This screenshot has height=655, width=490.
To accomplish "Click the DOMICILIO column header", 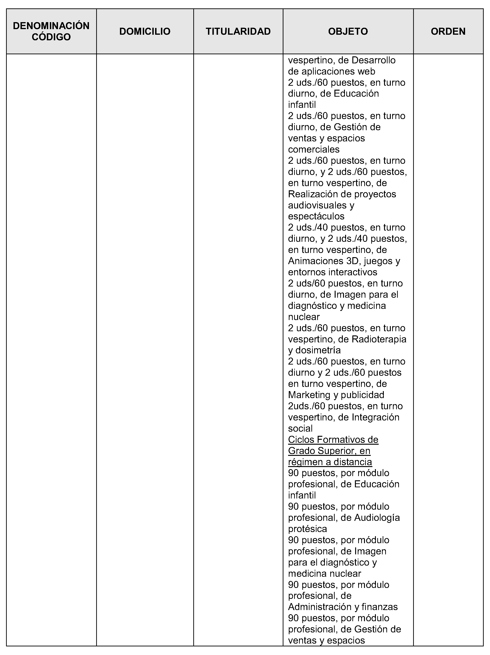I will [145, 31].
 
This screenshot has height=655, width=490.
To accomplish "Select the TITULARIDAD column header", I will [238, 31].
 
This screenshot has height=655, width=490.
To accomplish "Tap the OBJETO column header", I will [348, 31].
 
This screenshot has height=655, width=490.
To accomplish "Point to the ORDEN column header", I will [448, 31].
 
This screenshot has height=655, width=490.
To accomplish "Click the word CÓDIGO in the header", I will [51, 37].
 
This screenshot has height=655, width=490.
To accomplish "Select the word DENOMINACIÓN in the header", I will [51, 26].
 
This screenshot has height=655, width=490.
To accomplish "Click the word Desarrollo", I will [374, 60].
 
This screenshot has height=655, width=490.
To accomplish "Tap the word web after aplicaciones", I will [367, 71].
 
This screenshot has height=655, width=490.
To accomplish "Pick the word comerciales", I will [313, 149].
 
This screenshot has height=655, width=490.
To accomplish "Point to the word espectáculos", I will [316, 216].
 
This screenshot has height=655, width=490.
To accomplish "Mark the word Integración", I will [375, 417].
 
